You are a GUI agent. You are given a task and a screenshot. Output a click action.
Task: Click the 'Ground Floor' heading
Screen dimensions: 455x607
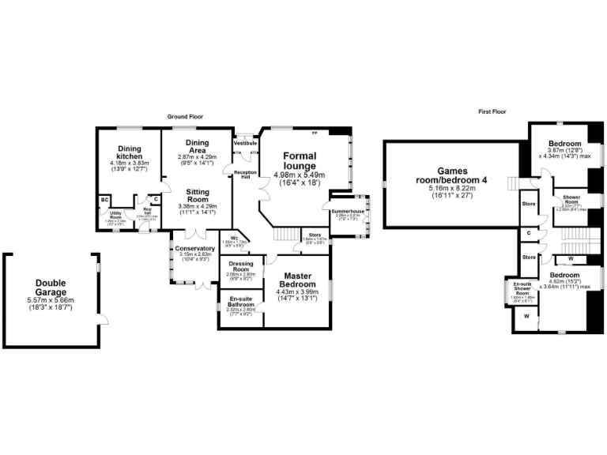[185, 116]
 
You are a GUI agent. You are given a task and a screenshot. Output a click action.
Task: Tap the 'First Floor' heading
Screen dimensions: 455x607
[492, 111]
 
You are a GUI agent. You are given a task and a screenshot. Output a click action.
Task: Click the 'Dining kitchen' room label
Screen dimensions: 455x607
[130, 152]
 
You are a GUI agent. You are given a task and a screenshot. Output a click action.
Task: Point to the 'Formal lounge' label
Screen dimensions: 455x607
[300, 161]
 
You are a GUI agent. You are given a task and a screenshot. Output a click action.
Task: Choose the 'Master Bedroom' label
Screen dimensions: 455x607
[298, 280]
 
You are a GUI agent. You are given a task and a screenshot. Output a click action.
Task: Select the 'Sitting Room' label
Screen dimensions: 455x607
[197, 196]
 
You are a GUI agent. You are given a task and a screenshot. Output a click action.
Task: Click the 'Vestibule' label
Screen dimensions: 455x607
[245, 143]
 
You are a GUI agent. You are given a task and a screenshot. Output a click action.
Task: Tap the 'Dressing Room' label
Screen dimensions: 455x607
[240, 267]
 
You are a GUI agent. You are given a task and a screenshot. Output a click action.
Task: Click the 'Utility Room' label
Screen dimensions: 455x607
[116, 213]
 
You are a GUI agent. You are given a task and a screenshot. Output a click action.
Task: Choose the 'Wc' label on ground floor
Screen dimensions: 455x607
[235, 238]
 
